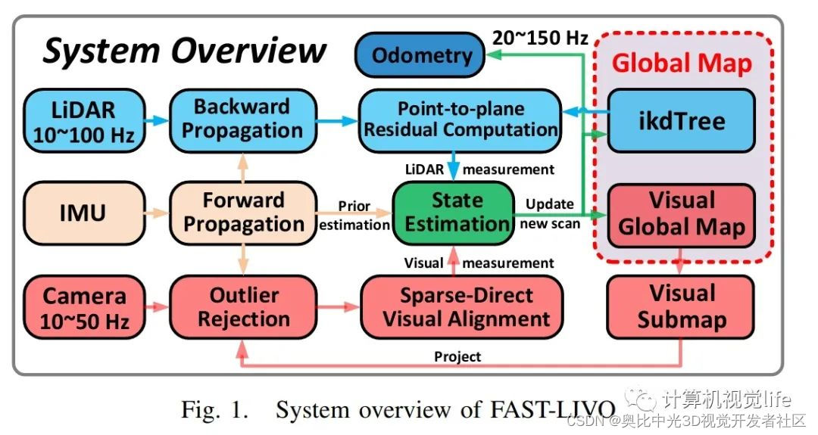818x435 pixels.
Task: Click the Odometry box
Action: [x=423, y=55]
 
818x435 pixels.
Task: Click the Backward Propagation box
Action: [x=242, y=120]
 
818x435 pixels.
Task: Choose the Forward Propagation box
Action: [x=242, y=213]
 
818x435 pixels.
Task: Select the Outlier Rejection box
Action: [x=242, y=308]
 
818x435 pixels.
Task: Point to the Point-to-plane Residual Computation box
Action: [x=461, y=120]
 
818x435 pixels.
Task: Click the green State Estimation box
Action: [x=453, y=213]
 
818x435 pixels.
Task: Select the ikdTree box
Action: [x=681, y=120]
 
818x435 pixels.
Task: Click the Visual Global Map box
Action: [x=681, y=214]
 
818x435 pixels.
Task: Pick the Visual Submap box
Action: [x=681, y=306]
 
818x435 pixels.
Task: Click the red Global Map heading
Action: [x=682, y=64]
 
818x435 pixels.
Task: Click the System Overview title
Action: [x=185, y=51]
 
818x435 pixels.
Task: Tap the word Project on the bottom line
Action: [x=457, y=356]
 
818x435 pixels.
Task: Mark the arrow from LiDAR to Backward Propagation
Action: [x=154, y=120]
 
